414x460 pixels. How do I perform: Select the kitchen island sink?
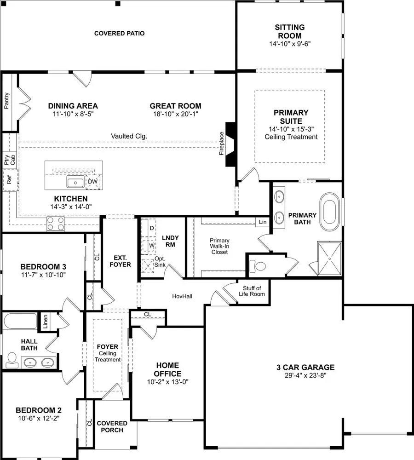point(75,183)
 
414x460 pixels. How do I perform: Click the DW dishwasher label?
point(92,182)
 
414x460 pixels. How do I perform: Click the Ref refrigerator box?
point(9,179)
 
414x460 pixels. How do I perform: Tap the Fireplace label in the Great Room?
point(221,144)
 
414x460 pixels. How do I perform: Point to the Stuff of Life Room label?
point(252,291)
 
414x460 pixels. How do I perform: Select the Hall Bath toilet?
point(11,361)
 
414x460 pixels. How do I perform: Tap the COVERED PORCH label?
point(110,426)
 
